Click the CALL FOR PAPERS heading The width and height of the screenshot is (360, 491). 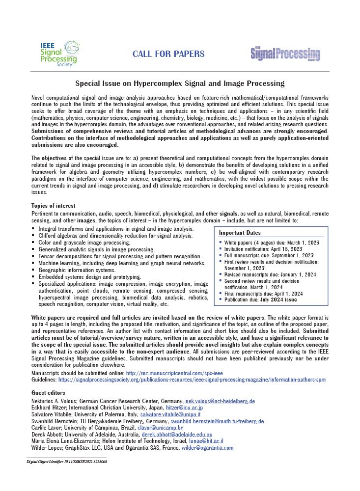click(168, 54)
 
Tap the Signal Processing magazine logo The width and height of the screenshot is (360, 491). click(285, 54)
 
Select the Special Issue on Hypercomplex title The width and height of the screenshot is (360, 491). click(180, 84)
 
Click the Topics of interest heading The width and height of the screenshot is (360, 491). click(53, 206)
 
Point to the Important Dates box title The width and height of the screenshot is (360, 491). click(240, 233)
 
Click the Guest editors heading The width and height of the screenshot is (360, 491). click(48, 393)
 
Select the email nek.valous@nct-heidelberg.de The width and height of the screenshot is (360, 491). click(220, 401)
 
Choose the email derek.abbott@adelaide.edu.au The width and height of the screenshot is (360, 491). click(177, 435)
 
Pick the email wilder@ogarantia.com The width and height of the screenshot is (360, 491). click(207, 448)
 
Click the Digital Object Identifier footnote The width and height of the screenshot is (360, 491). click(67, 462)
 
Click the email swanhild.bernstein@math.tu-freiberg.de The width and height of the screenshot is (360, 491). click(217, 421)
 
